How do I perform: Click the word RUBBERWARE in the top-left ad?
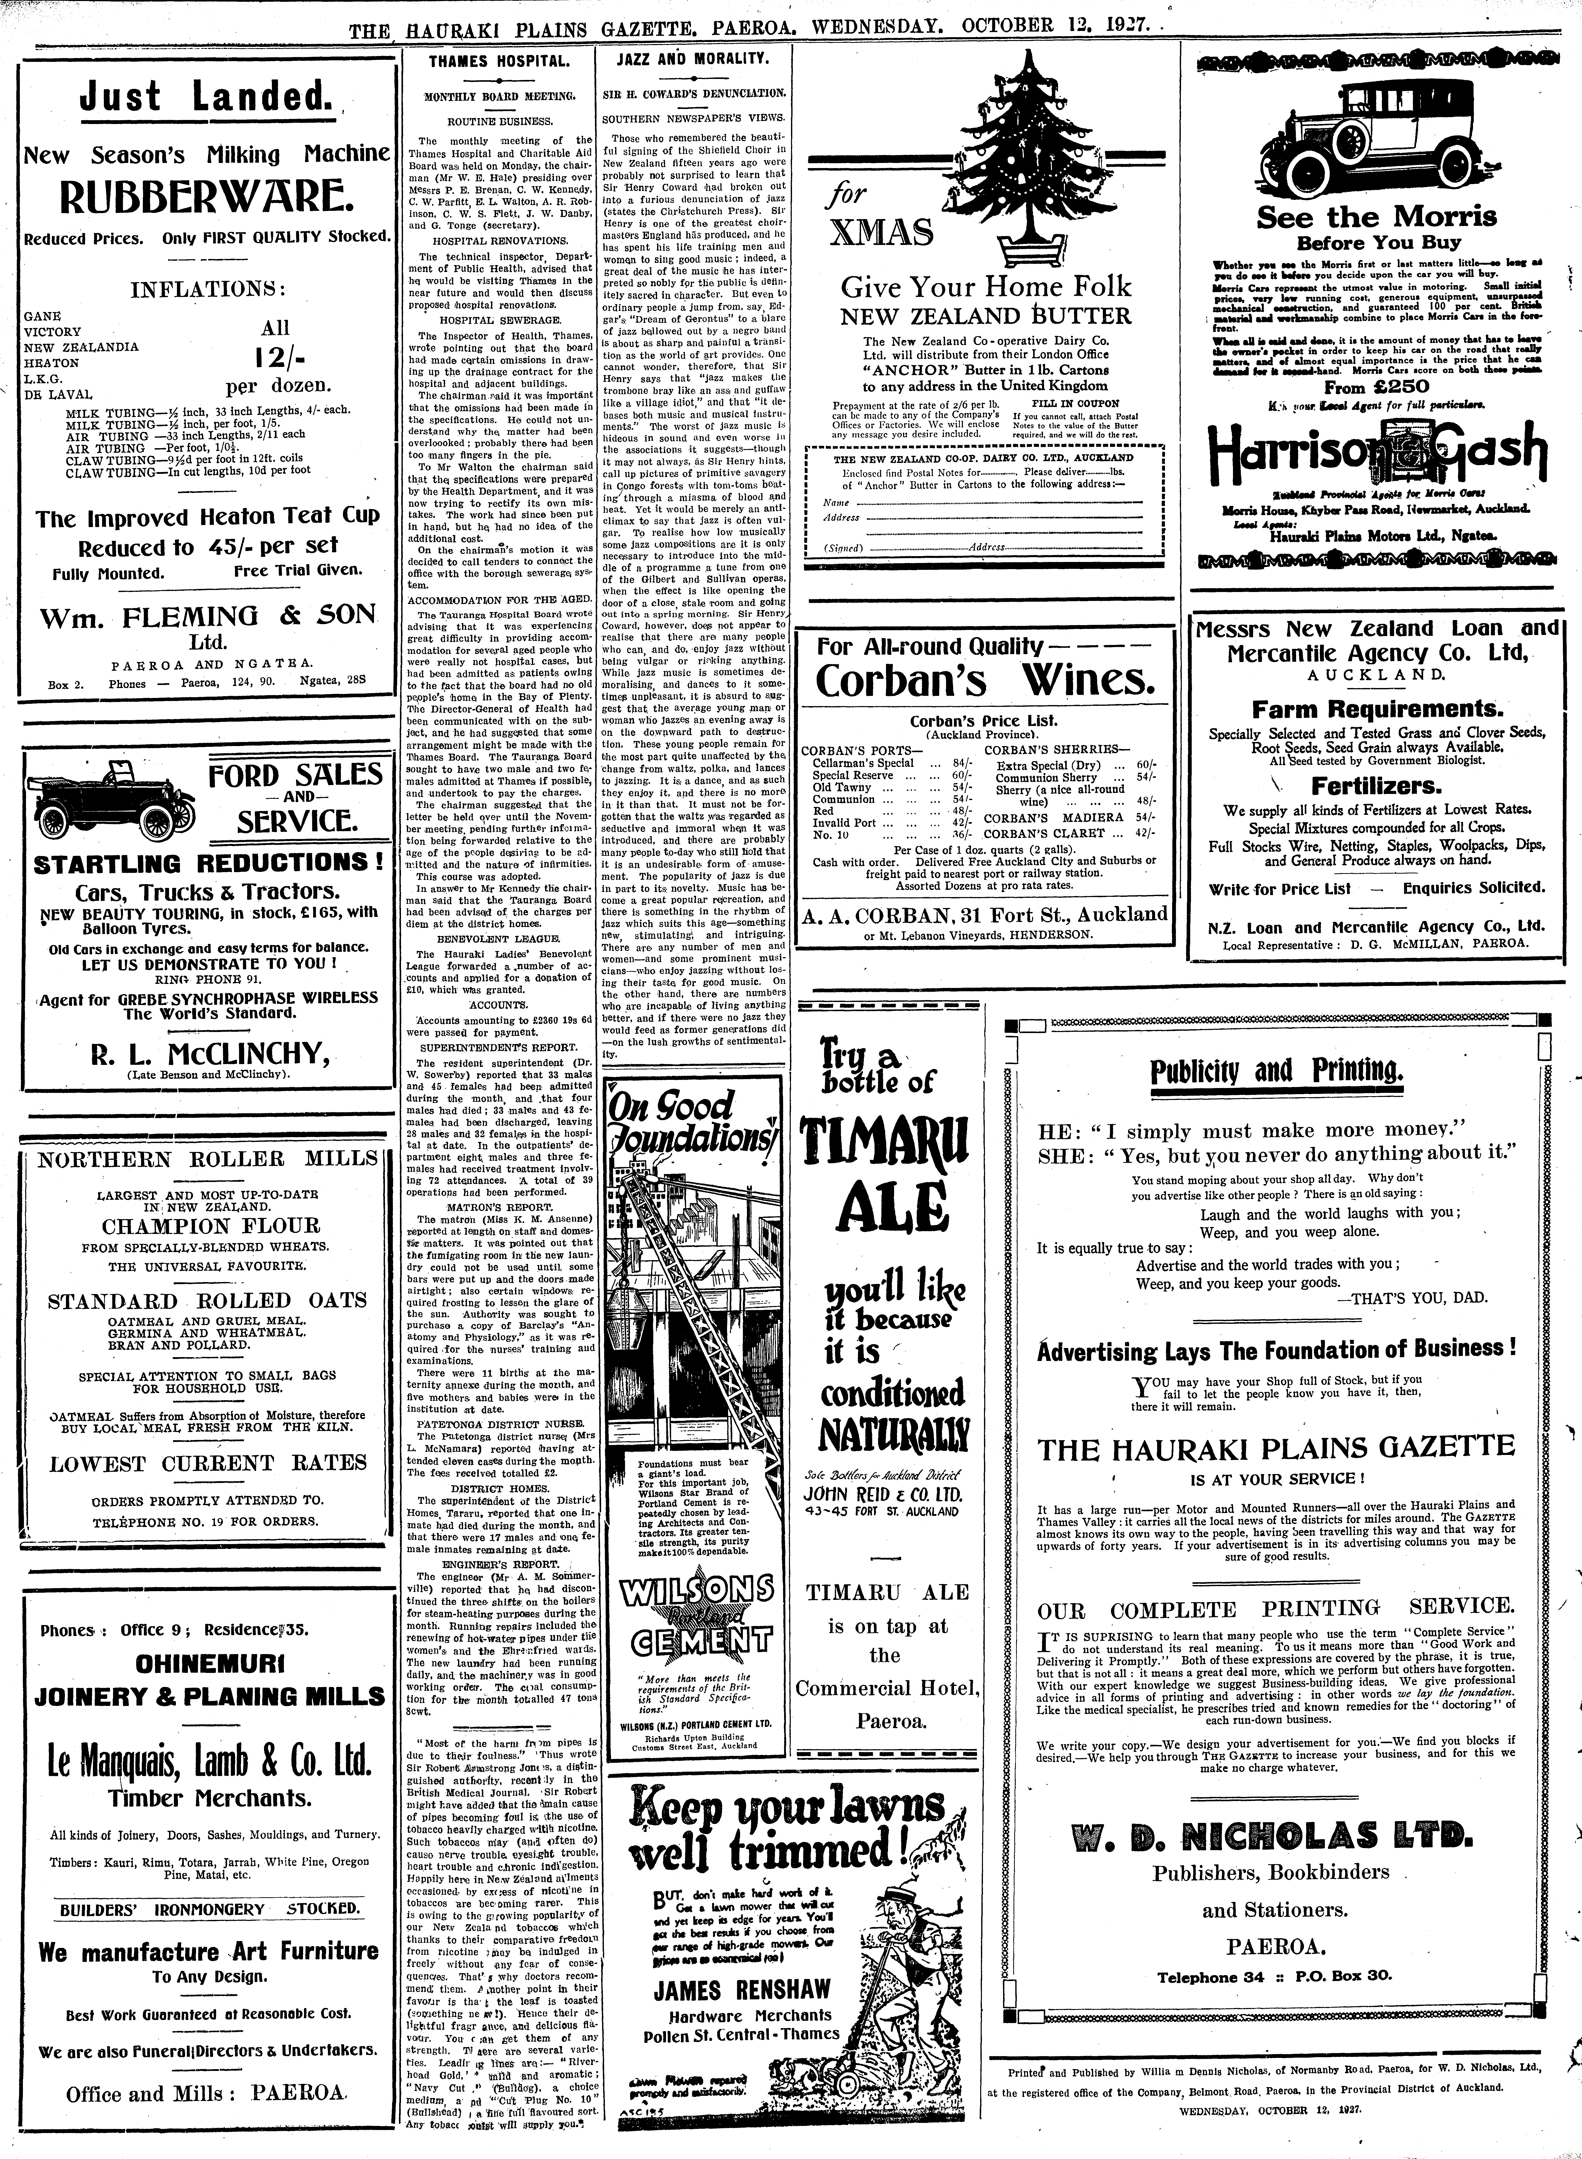(x=207, y=197)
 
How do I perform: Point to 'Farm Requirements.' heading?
(x=1377, y=709)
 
